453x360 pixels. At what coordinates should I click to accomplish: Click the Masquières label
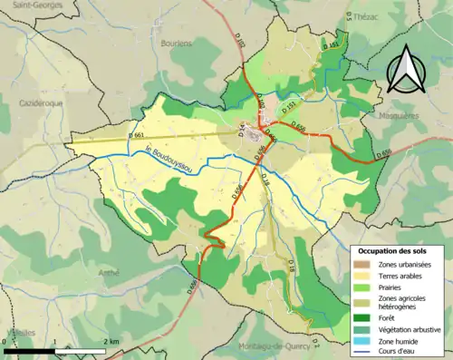pos(400,116)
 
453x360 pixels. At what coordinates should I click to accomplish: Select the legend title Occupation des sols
pos(400,249)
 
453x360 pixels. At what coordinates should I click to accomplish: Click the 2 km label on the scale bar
pos(111,341)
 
